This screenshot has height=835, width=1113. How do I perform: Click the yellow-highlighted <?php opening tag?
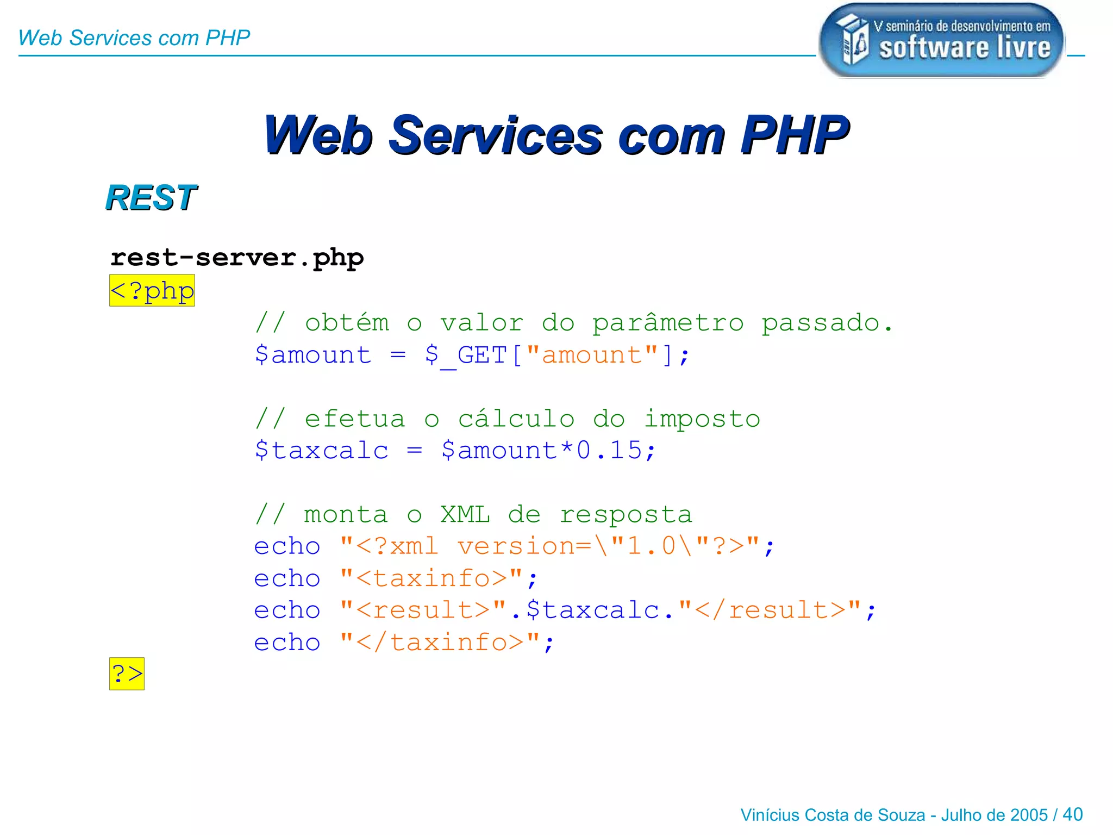[x=152, y=291]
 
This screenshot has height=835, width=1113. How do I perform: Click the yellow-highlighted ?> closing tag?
[x=127, y=674]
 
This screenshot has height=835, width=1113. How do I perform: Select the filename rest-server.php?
[x=237, y=258]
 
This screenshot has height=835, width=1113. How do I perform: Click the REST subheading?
[x=151, y=197]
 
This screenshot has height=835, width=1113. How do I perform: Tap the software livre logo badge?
[x=941, y=41]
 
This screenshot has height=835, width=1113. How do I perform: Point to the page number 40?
[x=1072, y=814]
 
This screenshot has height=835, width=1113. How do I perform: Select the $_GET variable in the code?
[x=466, y=356]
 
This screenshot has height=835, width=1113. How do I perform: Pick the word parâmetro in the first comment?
[x=667, y=323]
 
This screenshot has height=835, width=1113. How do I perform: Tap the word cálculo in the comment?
[x=516, y=419]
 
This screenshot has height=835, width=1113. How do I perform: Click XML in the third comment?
[x=465, y=515]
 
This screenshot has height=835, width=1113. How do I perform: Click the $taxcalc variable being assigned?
[x=322, y=451]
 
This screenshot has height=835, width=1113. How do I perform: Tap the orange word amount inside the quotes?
[x=592, y=356]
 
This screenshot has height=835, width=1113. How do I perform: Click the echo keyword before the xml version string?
[x=287, y=546]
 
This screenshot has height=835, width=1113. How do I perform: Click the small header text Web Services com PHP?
[x=134, y=38]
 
